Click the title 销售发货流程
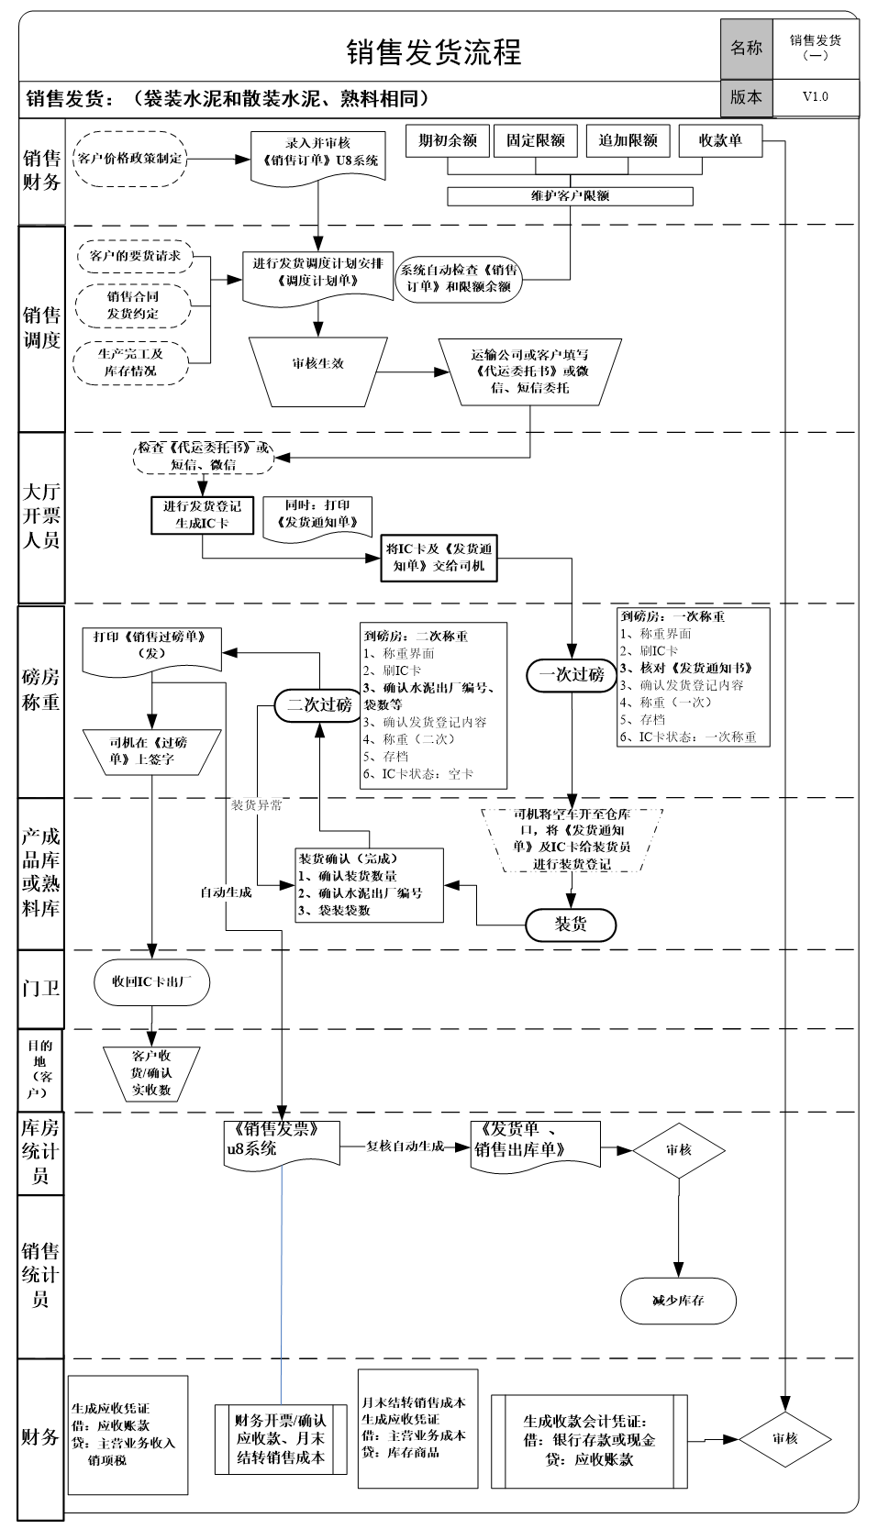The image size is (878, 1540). click(433, 52)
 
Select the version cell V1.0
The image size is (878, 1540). click(815, 96)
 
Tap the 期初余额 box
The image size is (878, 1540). click(448, 141)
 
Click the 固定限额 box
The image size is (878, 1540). click(536, 141)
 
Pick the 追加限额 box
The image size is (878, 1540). click(628, 141)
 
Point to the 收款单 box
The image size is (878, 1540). click(720, 141)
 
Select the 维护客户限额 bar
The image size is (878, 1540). click(570, 196)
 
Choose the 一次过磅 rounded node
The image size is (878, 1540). click(572, 674)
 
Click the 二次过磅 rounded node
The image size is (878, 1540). click(319, 704)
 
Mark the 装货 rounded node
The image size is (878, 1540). click(571, 925)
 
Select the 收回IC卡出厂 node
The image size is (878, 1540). click(151, 981)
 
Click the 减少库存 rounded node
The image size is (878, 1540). click(678, 1301)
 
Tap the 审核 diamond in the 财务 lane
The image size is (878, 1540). click(784, 1438)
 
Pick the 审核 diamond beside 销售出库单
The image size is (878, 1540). click(678, 1149)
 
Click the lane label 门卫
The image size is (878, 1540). click(41, 989)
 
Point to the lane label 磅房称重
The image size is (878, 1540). click(41, 690)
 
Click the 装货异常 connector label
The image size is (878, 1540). click(256, 805)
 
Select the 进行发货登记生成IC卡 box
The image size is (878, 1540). click(202, 515)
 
